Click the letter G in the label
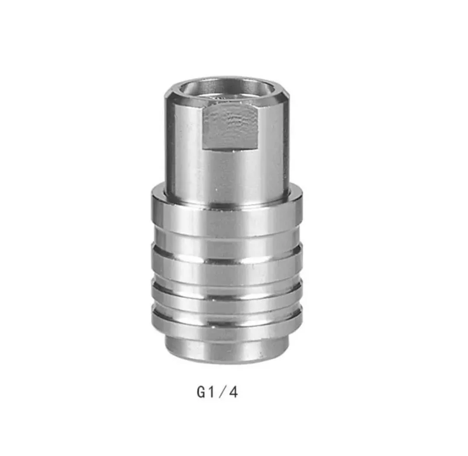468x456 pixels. (x=201, y=392)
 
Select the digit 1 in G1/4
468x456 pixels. (x=211, y=392)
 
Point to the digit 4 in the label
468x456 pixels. (x=234, y=392)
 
